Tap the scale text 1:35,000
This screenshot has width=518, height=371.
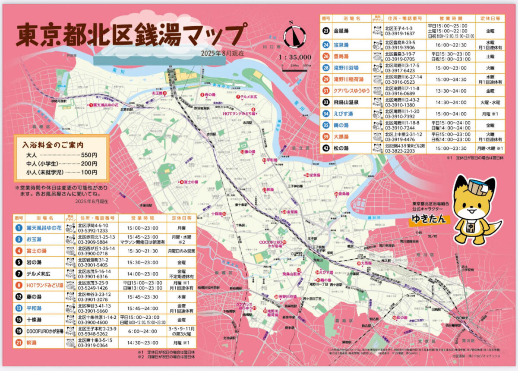[295, 57]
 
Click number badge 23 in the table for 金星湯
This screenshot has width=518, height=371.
[326, 31]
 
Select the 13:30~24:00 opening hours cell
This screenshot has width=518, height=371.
[451, 91]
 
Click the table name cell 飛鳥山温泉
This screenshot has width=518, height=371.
[347, 103]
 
